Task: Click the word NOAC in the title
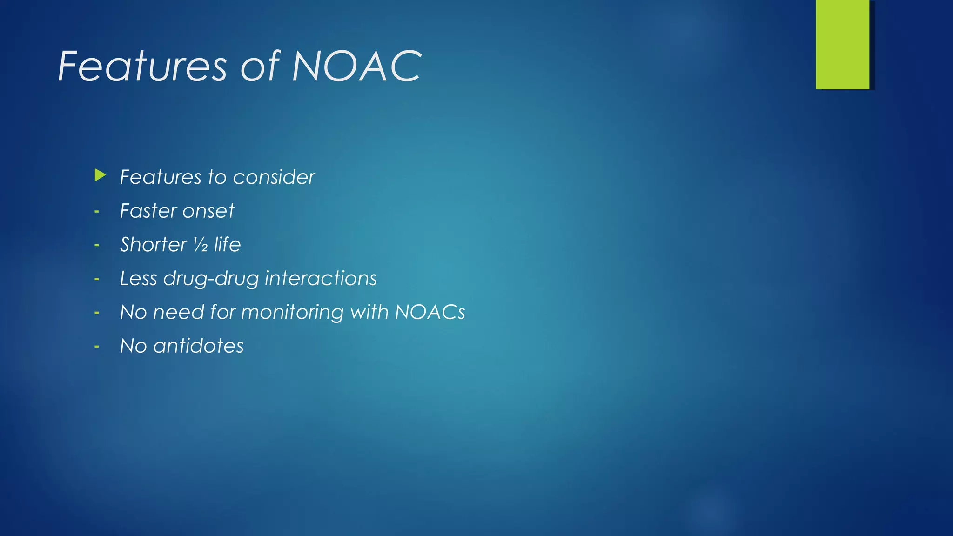pos(356,67)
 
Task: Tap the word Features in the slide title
pos(142,67)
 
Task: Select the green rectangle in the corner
pos(842,45)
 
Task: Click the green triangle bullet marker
pos(100,175)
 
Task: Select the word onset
pos(208,211)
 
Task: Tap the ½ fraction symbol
pos(201,245)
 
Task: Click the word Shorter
pos(154,245)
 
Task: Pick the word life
pos(227,245)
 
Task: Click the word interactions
pos(321,278)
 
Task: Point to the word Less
pos(138,278)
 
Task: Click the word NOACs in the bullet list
pos(430,312)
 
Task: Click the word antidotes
pos(198,346)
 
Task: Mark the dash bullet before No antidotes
pos(97,347)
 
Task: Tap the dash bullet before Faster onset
pos(97,212)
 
